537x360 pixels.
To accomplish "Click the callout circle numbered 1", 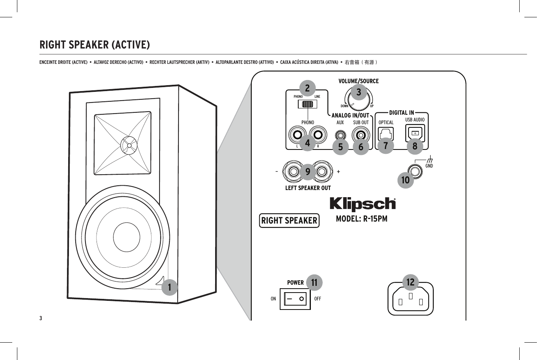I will [x=169, y=287].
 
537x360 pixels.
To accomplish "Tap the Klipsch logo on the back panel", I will [x=362, y=204].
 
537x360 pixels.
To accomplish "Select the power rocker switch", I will [x=295, y=299].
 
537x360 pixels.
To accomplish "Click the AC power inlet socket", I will [x=411, y=299].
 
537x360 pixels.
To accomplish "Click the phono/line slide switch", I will [x=307, y=104].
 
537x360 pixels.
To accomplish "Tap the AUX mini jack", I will [x=340, y=135].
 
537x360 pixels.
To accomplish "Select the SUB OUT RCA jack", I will [x=360, y=135].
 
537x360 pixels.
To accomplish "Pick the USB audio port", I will [x=415, y=133].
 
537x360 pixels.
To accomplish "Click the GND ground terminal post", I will [x=415, y=171].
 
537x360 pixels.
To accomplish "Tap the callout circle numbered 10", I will [x=405, y=181].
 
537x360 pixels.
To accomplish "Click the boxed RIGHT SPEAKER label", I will [x=289, y=220].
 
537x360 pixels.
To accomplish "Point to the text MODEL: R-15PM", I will [x=361, y=218].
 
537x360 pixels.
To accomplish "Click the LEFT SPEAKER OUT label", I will [x=308, y=188].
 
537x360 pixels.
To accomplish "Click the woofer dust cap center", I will [x=126, y=237].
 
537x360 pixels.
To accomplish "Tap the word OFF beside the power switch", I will [x=318, y=299].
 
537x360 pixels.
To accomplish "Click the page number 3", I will [x=41, y=318].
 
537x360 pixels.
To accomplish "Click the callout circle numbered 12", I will [x=411, y=282].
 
